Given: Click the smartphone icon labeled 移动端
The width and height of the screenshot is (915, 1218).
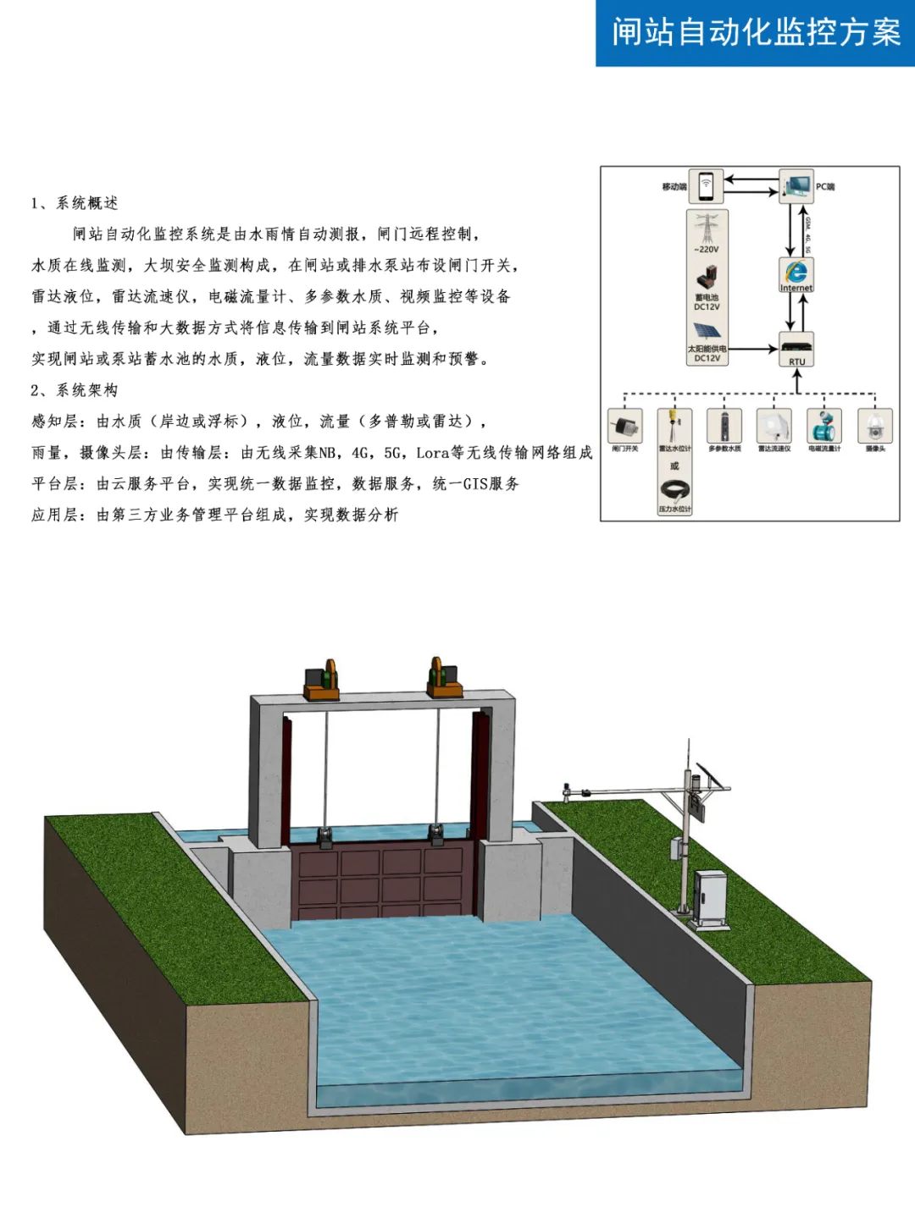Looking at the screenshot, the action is (706, 186).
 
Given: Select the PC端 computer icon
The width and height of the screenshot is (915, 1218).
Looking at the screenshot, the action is (796, 186).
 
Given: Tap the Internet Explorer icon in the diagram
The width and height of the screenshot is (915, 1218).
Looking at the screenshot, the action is (796, 273).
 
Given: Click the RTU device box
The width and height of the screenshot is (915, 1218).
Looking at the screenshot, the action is (796, 347).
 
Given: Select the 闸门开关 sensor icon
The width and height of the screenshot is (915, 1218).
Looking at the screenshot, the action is (625, 426).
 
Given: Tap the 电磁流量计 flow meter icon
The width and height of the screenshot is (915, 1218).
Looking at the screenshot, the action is (824, 426).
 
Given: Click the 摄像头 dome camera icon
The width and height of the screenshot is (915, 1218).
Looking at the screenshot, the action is (874, 426).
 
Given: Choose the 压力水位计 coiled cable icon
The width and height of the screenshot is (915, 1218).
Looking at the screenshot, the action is (674, 490).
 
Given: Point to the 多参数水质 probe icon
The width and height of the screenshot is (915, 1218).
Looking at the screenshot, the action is (724, 426).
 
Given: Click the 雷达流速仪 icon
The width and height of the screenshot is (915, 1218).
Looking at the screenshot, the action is (774, 426).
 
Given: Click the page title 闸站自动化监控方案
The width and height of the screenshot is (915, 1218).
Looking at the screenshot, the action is (756, 33).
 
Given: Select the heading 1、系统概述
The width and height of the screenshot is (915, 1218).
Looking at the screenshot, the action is (75, 203).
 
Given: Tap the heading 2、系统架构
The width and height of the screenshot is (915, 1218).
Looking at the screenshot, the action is (75, 390).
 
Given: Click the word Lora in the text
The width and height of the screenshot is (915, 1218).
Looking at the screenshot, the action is (432, 453).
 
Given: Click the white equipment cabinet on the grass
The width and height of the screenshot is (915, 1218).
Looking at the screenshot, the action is (710, 897).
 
